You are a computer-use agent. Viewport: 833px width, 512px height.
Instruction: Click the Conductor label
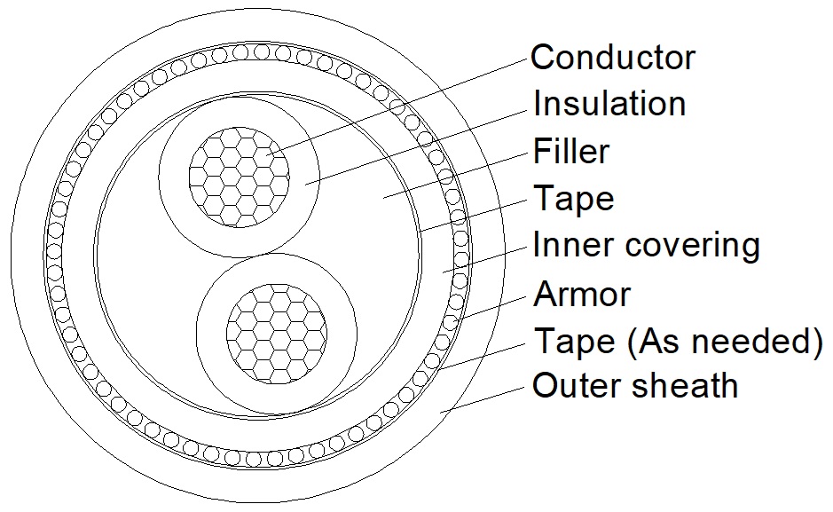coord(612,57)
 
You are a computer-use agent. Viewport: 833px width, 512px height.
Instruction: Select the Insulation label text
coord(609,103)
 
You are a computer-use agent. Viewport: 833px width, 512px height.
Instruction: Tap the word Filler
coord(571,151)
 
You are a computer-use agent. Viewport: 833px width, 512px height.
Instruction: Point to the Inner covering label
coord(646,246)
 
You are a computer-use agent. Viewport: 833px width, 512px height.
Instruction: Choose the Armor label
coord(582,293)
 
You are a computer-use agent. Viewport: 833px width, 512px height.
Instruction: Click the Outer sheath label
coord(635,385)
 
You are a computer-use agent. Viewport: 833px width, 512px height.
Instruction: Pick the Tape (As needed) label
coord(679,341)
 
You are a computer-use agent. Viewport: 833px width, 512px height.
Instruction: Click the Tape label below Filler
coord(574,199)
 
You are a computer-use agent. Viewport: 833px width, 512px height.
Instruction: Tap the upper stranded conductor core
coord(240,177)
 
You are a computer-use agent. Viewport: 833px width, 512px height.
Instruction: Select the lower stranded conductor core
coord(277,334)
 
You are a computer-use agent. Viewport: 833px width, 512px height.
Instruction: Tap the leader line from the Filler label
coord(455,177)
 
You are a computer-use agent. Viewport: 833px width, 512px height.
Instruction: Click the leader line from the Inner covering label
coord(484,260)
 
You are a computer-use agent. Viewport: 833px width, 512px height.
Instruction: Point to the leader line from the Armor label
coord(490,308)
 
